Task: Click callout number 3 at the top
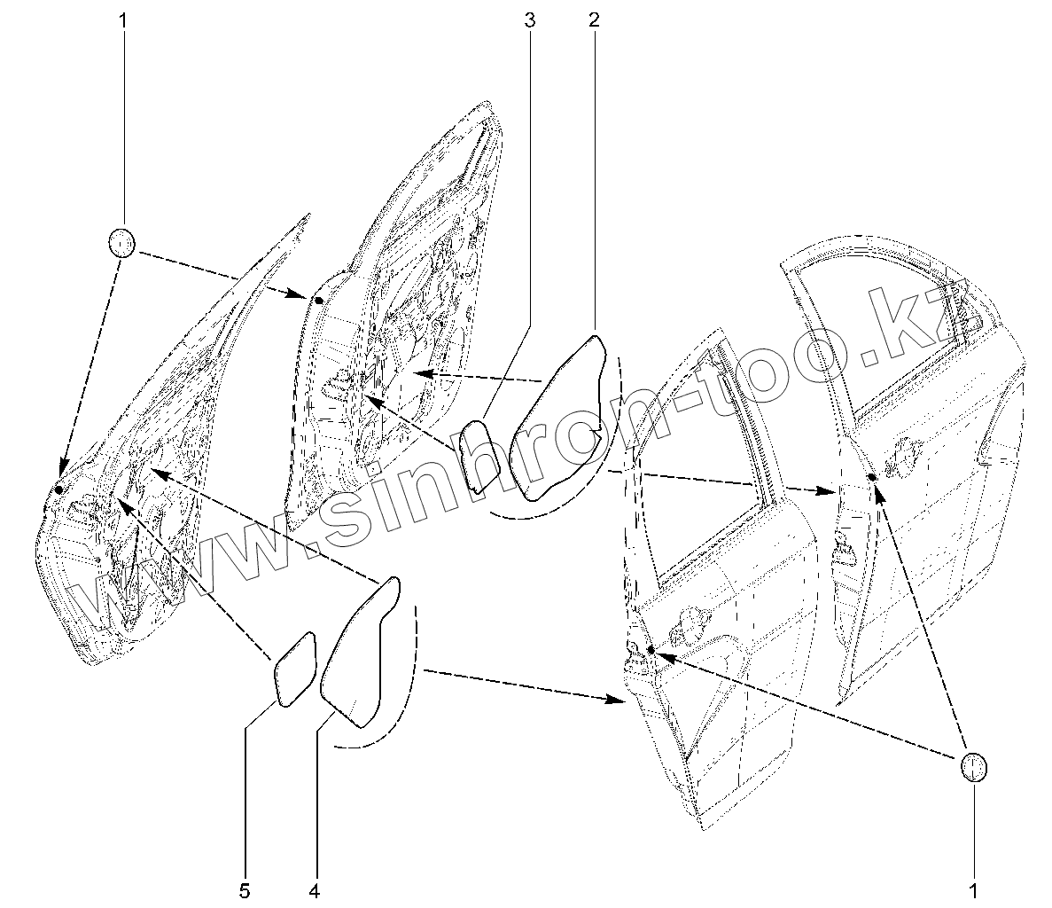[x=530, y=20]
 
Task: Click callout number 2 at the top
[x=594, y=20]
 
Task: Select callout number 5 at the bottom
[x=245, y=889]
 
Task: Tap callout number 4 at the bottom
[x=314, y=889]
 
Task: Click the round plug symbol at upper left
[x=122, y=242]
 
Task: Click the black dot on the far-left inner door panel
[x=58, y=489]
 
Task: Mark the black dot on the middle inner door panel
[x=319, y=301]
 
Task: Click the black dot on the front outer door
[x=651, y=651]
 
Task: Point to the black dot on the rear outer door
[x=872, y=478]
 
